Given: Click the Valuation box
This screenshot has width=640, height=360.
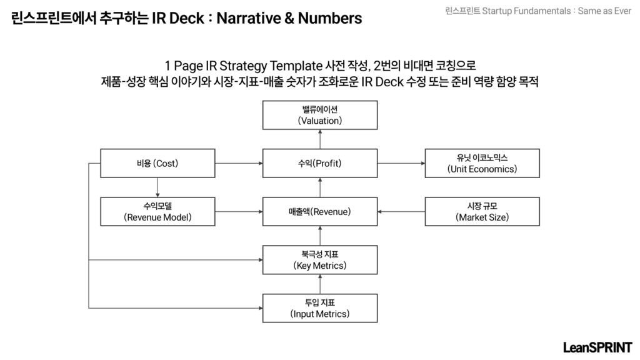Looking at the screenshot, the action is (x=320, y=115).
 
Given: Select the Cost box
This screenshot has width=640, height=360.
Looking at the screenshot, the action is (x=157, y=163).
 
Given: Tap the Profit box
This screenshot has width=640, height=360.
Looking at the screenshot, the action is (x=320, y=163).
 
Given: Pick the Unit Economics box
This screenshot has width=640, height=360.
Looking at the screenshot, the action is (x=482, y=163).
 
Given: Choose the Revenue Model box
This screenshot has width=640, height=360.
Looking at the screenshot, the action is (x=157, y=211).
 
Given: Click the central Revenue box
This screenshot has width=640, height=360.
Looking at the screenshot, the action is (x=320, y=211).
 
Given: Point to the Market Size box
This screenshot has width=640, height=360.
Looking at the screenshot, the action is (x=482, y=211).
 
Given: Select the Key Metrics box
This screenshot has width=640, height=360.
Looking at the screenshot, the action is (x=320, y=260).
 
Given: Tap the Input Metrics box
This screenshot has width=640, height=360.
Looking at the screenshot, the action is (x=320, y=308).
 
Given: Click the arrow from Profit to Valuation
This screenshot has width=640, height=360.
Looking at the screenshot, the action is (x=320, y=139).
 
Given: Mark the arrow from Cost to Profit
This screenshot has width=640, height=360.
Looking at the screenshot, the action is (x=239, y=163).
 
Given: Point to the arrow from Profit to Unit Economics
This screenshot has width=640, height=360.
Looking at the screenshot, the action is (x=401, y=163).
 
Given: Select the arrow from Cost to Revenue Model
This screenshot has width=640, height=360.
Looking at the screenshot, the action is (x=157, y=187).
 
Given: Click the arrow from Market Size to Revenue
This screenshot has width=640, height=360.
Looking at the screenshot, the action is (x=401, y=211).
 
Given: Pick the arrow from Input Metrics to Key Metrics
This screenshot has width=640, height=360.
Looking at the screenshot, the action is (x=320, y=284).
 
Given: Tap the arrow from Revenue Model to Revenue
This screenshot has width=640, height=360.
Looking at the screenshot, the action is (x=239, y=211).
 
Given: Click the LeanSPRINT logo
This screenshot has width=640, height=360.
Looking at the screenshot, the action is (x=597, y=347).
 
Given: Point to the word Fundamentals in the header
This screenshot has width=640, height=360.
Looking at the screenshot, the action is (x=542, y=11).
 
